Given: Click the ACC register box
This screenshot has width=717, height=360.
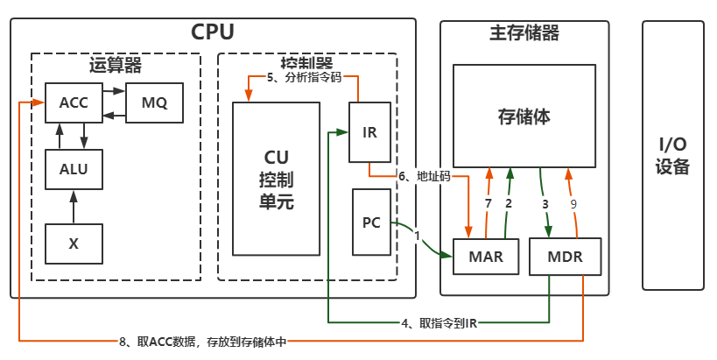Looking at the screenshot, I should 74,102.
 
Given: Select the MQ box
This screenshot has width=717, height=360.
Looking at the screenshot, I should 154,102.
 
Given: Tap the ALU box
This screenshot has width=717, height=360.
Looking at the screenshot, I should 74,169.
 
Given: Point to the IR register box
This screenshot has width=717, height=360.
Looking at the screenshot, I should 369,132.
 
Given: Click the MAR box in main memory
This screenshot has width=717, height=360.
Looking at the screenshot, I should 485,257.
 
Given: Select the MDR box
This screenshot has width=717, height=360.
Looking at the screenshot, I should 565,257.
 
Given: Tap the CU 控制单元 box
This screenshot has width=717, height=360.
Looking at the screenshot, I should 276,178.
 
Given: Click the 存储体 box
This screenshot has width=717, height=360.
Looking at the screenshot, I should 524,116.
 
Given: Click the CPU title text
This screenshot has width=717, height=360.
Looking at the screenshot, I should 213,33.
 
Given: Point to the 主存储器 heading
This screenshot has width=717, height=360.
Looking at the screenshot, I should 524,33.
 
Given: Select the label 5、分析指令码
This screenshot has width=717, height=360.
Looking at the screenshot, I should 306,77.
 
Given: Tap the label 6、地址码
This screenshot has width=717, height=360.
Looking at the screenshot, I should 424,176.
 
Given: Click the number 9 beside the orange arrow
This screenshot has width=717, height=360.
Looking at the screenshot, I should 573,204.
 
